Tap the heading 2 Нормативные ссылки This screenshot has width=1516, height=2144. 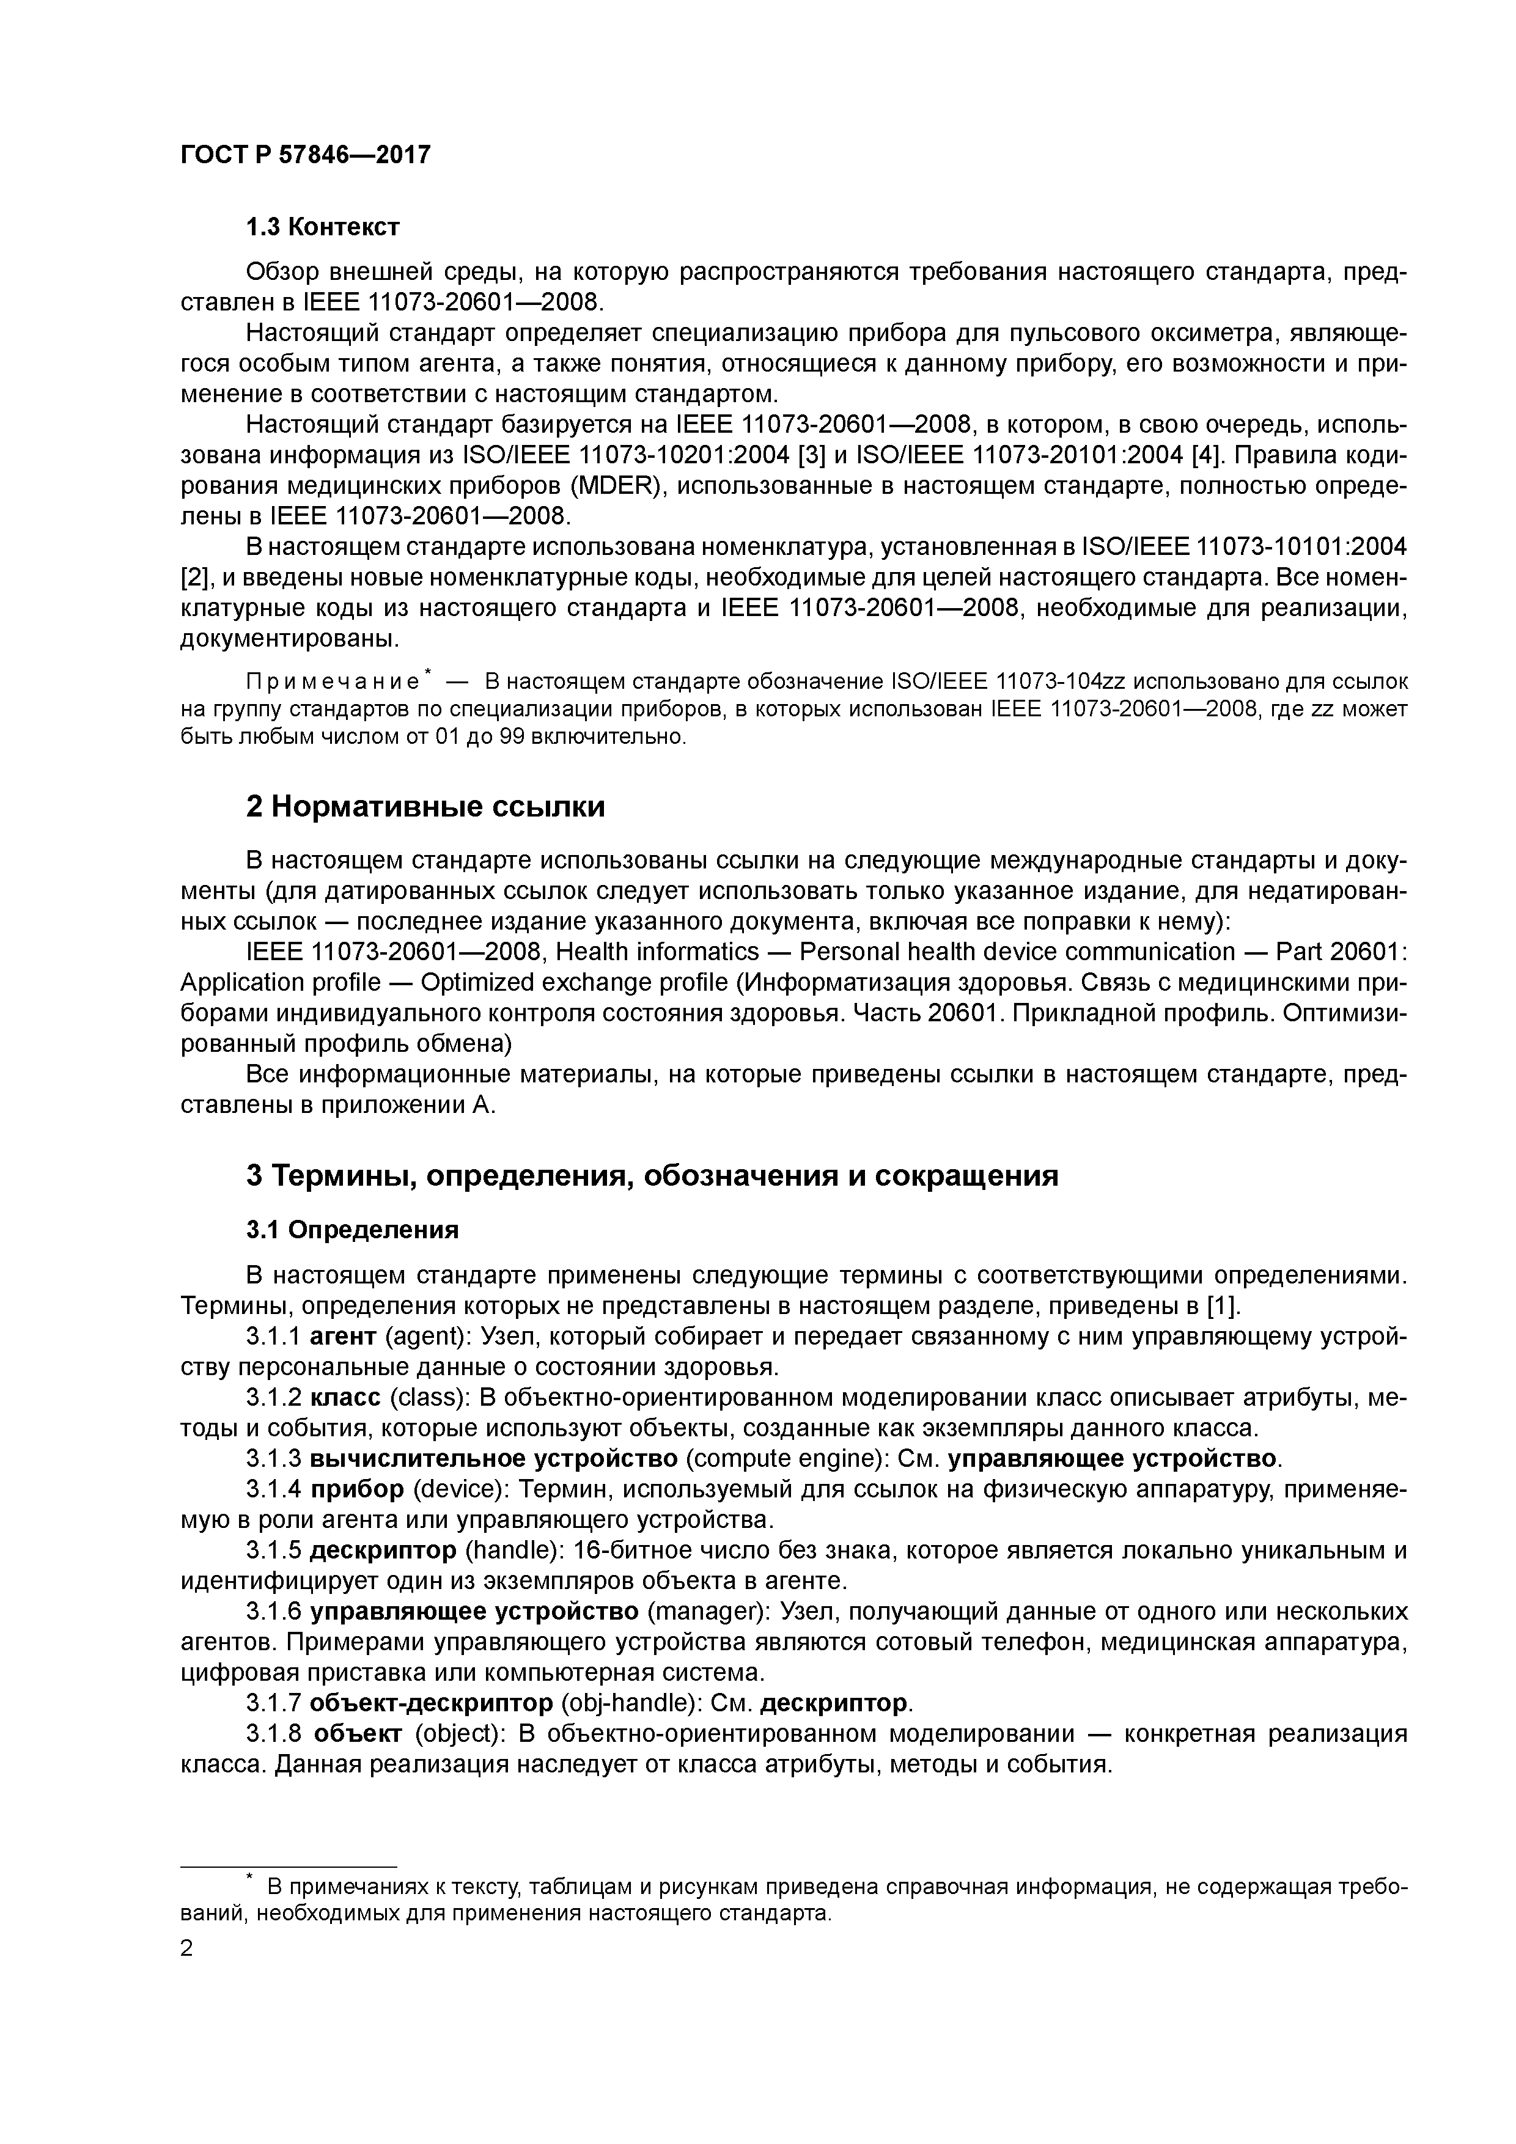point(425,806)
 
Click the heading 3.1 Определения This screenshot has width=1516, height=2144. point(352,1230)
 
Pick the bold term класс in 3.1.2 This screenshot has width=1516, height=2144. point(345,1398)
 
